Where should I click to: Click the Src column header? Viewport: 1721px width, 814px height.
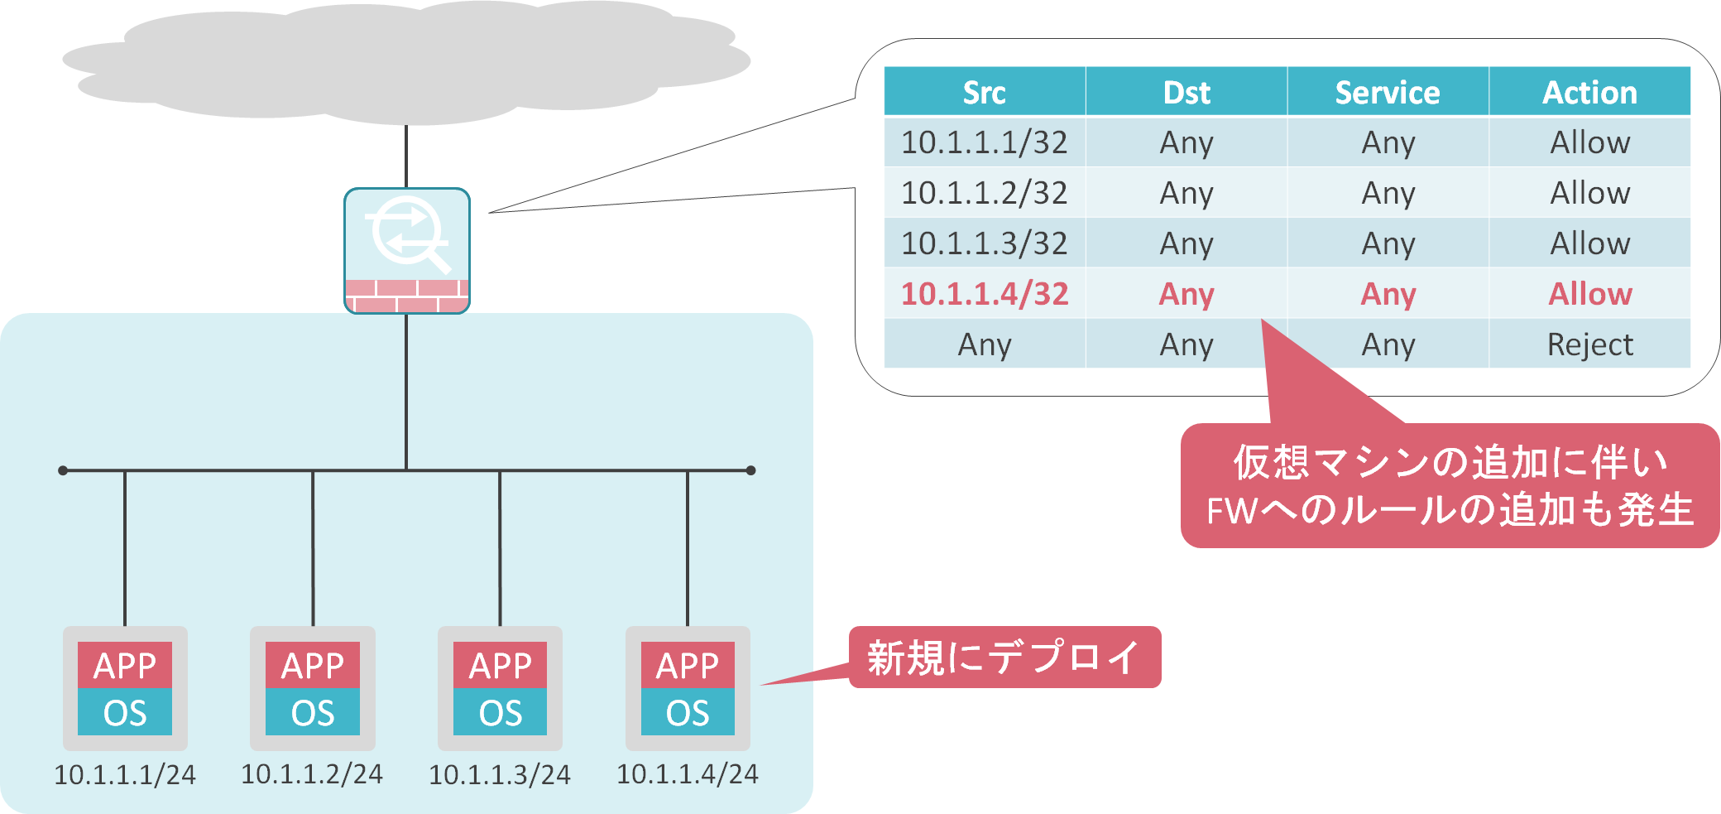[984, 92]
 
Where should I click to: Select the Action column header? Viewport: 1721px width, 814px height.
[1589, 92]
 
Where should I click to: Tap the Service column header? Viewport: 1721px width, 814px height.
[1387, 92]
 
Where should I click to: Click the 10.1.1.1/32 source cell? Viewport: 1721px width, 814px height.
[984, 142]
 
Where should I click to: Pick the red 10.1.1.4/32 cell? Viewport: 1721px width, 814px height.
[984, 294]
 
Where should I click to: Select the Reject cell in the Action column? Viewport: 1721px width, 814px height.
[1589, 344]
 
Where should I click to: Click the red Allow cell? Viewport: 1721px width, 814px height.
[1589, 294]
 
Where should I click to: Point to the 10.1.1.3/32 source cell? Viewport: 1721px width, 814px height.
[984, 243]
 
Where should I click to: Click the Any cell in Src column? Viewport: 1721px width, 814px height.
[984, 344]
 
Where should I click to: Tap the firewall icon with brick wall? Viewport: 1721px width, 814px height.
[406, 251]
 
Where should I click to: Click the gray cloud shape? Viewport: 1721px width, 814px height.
[405, 62]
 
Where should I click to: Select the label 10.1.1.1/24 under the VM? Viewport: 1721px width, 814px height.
[125, 774]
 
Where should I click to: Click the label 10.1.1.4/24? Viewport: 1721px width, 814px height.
[687, 773]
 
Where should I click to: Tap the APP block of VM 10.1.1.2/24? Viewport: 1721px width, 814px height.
[313, 665]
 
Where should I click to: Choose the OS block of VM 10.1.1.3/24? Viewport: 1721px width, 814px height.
[500, 712]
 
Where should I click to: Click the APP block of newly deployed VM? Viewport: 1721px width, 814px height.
[687, 665]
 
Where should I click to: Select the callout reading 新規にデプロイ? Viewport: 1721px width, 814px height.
[1004, 657]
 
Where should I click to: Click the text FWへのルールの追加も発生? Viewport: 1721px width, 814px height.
[1450, 510]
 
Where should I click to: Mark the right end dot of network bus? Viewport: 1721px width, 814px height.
[750, 470]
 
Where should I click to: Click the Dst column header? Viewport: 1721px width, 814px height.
[1186, 92]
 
